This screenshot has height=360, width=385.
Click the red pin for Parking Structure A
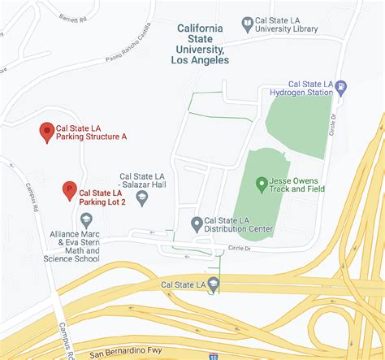pos(47,132)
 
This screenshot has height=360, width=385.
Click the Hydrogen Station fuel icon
pos(341,87)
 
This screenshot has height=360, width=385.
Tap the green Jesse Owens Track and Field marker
pos(262,184)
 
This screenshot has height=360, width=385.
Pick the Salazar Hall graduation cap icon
pos(142,197)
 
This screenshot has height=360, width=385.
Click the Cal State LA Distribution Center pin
pos(196,223)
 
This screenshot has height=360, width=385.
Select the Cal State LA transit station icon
pos(213,284)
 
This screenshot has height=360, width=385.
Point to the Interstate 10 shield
pos(213,356)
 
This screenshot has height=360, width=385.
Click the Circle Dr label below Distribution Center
pos(241,247)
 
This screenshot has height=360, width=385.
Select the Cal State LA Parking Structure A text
pos(91,132)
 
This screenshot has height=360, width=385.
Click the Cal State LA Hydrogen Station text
pos(312,88)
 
